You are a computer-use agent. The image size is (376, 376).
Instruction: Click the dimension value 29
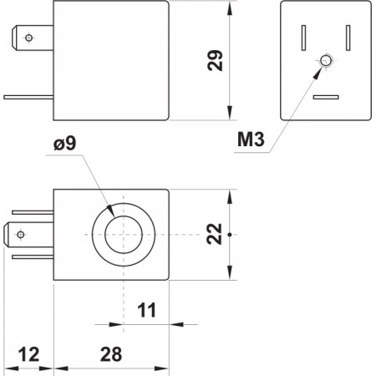216,60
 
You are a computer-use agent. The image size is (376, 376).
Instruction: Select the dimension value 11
147,311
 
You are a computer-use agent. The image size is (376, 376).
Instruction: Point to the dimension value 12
29,354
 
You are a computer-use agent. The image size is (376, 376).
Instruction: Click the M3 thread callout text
251,140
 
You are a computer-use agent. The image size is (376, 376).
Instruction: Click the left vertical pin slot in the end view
304,38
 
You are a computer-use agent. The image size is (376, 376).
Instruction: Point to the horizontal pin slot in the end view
326,98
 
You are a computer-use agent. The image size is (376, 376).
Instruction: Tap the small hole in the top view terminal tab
29,38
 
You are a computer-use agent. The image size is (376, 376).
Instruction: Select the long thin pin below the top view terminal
29,97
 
